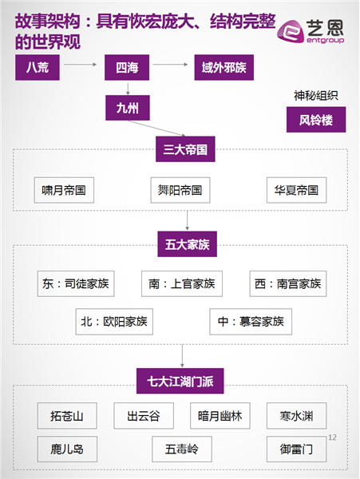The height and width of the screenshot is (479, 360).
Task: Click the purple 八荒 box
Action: [x=38, y=68]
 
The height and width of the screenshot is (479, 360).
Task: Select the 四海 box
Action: [x=127, y=68]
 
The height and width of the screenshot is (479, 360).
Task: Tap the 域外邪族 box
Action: [x=224, y=68]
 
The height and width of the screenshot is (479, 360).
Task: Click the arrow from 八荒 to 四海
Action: [x=81, y=65]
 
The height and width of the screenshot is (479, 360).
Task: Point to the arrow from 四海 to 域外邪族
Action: [x=170, y=65]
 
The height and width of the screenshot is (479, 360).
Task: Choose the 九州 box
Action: [x=128, y=108]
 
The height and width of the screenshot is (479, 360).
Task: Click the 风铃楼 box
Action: [x=316, y=120]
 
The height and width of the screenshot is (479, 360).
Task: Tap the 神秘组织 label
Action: [x=316, y=96]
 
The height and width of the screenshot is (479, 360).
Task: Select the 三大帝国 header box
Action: [x=185, y=149]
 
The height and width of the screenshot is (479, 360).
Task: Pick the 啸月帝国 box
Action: [x=64, y=190]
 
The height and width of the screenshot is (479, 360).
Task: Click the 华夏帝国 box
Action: [x=296, y=190]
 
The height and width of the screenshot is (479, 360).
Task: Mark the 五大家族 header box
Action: [x=187, y=244]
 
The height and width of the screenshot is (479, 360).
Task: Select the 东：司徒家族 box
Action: [x=76, y=283]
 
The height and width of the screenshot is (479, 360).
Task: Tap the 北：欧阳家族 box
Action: [x=114, y=322]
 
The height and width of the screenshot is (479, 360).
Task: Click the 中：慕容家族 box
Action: [x=251, y=322]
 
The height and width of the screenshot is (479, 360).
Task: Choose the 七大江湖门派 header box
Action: [x=180, y=381]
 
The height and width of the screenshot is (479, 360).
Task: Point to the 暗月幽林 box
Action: [x=220, y=416]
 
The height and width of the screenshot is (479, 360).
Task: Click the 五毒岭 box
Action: [x=182, y=449]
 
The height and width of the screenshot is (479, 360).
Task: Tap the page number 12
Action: [x=332, y=437]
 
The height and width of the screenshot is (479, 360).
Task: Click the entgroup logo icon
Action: [x=291, y=31]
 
